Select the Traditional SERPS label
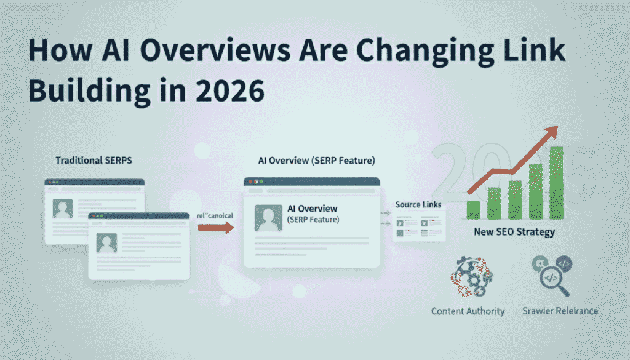94,160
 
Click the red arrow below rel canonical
216,228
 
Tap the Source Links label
418,204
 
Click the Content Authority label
468,311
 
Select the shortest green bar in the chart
473,209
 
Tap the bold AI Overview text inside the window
313,209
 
